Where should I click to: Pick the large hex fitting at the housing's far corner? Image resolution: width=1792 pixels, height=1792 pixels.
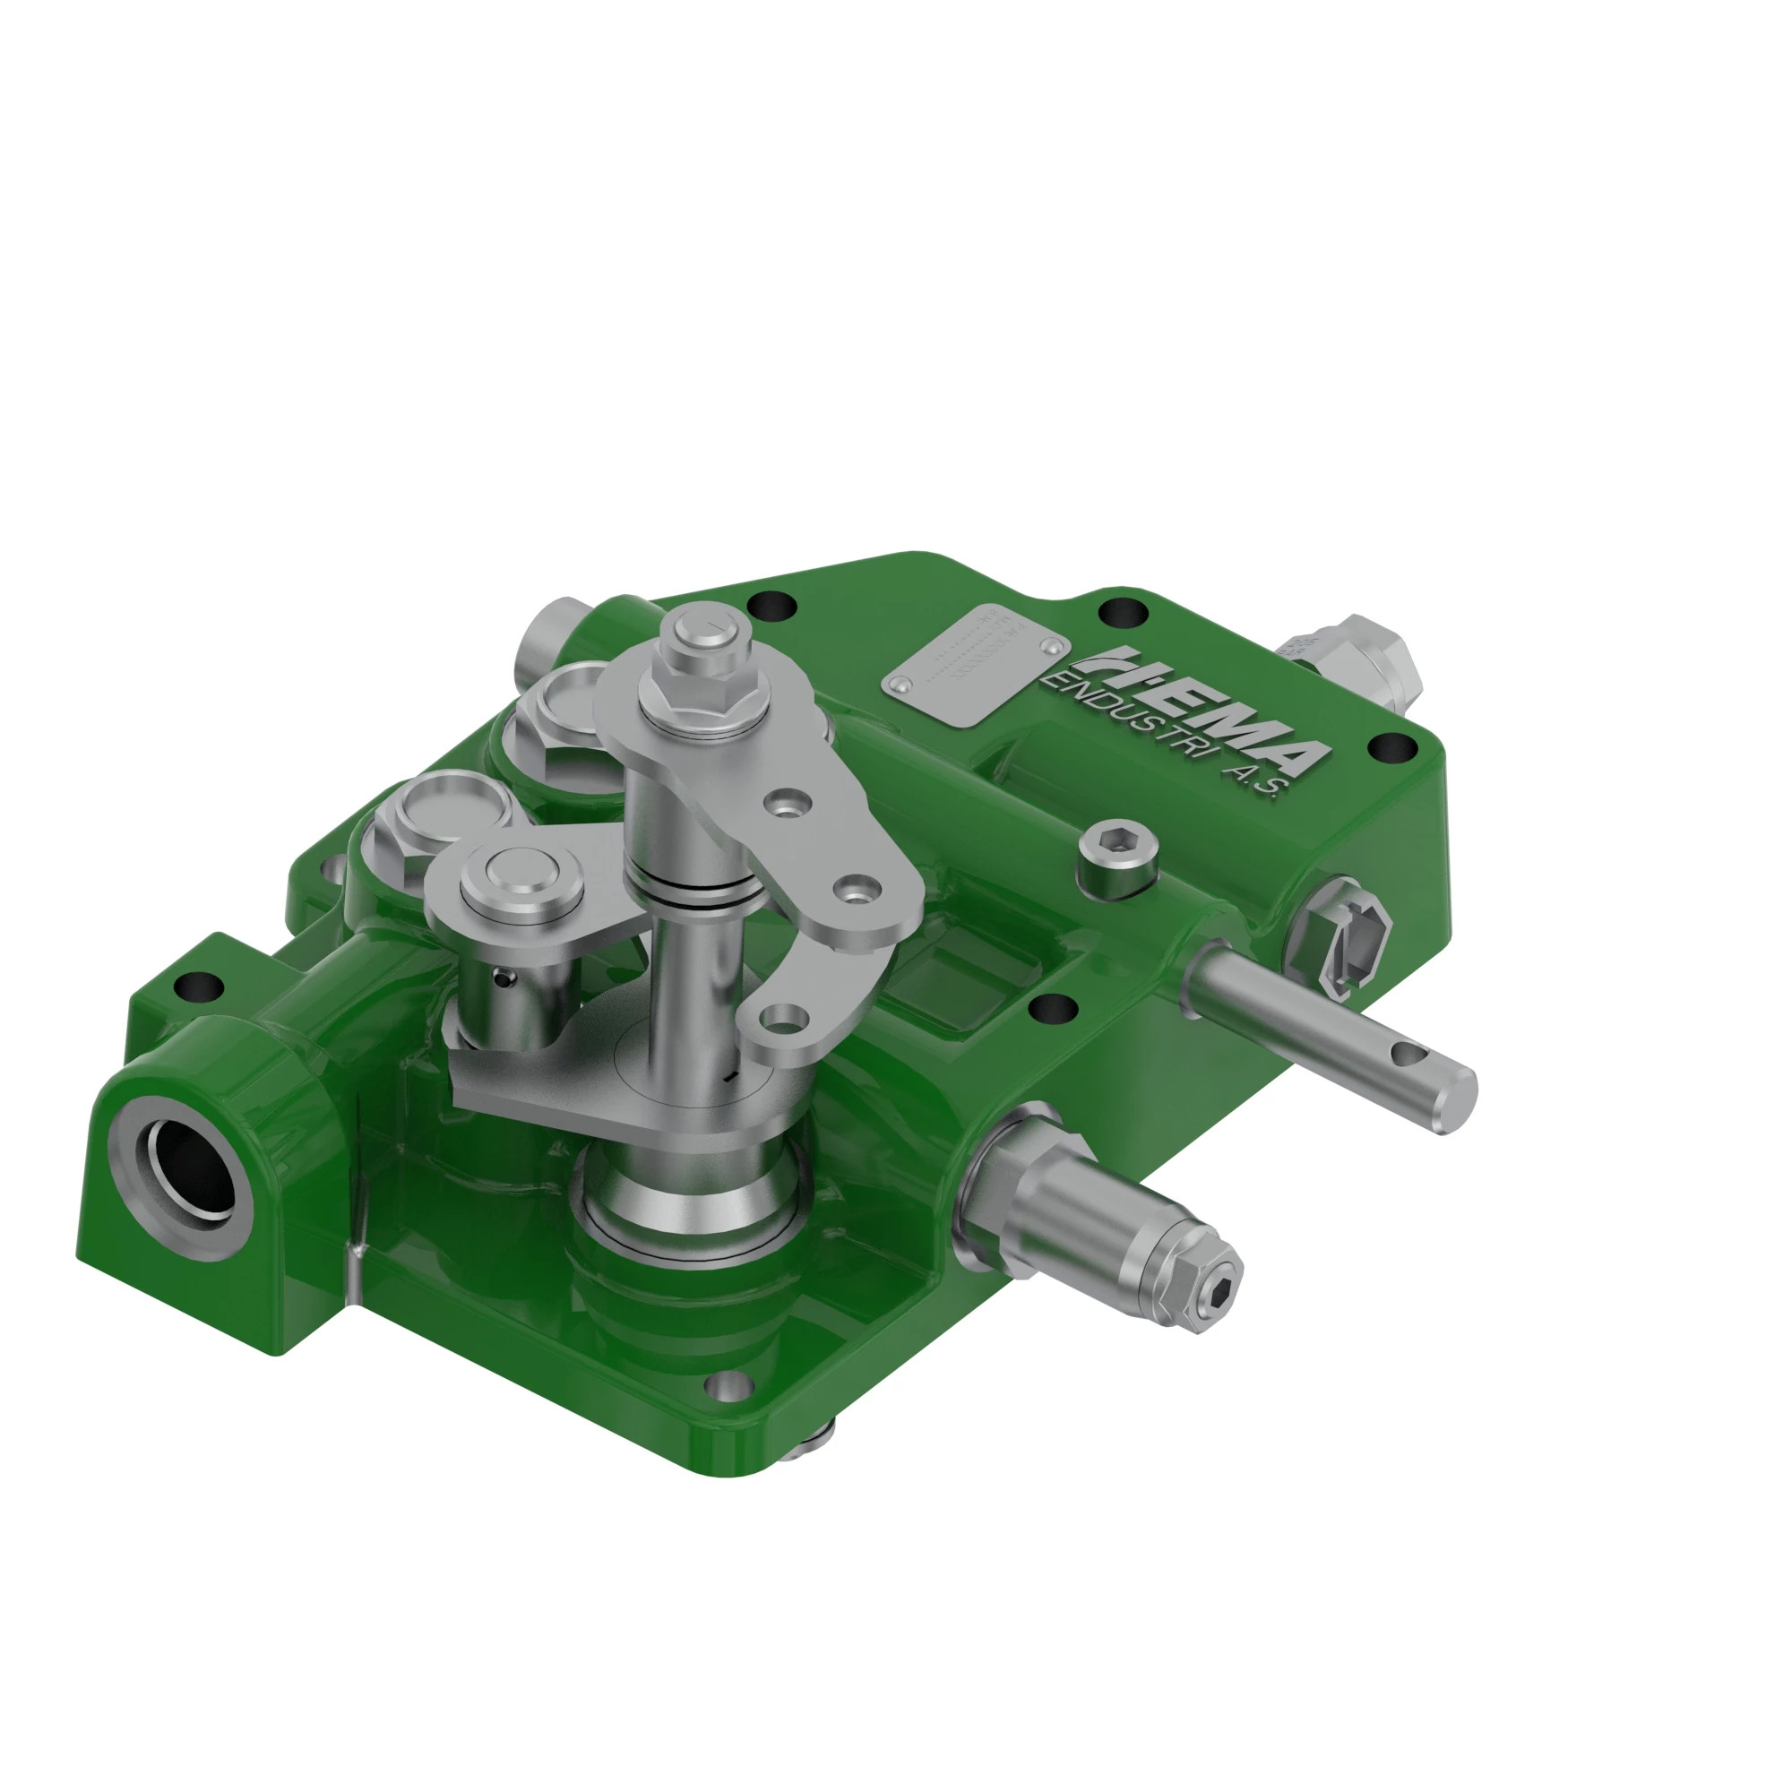[1364, 660]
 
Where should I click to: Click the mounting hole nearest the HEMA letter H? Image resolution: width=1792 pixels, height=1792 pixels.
[1123, 612]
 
